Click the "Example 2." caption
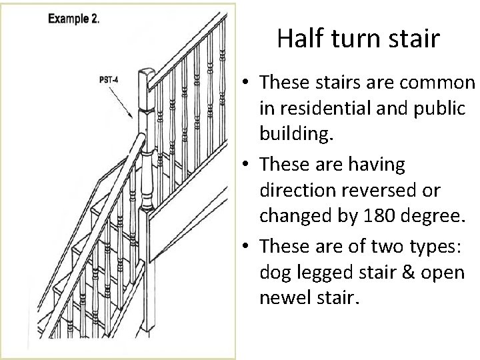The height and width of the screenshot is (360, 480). point(74,19)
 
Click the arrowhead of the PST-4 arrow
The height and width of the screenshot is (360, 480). point(130,117)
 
